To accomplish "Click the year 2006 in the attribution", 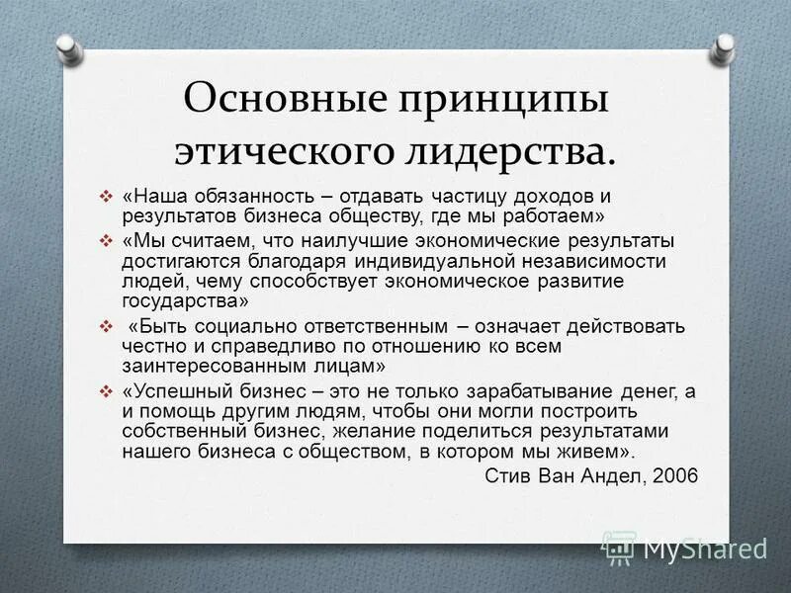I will pyautogui.click(x=675, y=474).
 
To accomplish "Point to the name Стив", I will pyautogui.click(x=508, y=474).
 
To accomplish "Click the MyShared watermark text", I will pyautogui.click(x=705, y=547).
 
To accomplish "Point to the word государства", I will pyautogui.click(x=185, y=302).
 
